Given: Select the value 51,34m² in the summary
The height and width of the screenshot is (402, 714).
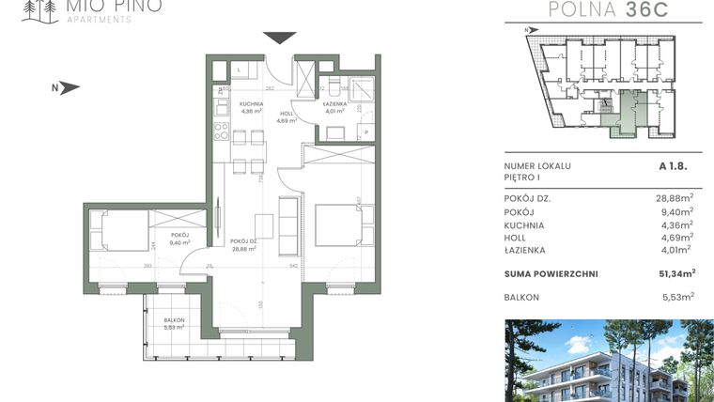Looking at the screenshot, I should point(675,273).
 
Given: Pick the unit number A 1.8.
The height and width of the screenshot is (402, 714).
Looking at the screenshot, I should point(675,165).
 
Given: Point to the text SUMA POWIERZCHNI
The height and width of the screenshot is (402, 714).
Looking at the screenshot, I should point(550,273).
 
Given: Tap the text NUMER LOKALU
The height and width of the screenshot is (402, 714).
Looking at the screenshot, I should point(537,165).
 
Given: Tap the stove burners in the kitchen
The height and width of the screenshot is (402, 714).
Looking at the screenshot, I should point(222,131).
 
